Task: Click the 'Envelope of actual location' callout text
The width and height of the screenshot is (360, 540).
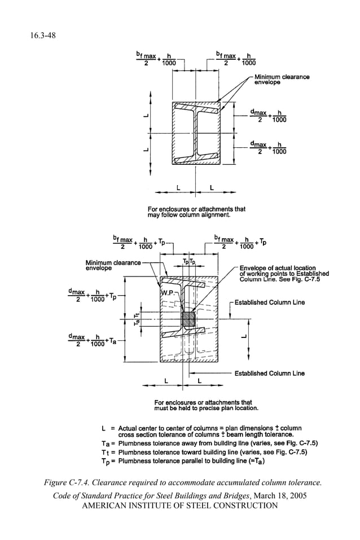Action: pyautogui.click(x=277, y=267)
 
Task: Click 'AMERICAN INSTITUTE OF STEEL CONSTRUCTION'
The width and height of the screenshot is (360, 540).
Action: pyautogui.click(x=180, y=505)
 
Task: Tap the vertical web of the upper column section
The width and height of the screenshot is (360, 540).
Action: pyautogui.click(x=195, y=133)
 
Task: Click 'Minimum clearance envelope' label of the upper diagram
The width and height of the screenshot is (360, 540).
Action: pyautogui.click(x=282, y=80)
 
